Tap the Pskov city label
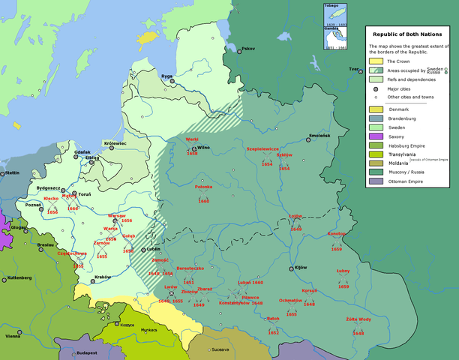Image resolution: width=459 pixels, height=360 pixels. [x=248, y=49]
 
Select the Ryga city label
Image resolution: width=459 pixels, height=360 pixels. [x=167, y=76]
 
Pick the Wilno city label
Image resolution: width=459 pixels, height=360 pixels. [x=203, y=148]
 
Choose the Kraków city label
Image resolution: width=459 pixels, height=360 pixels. [x=103, y=277]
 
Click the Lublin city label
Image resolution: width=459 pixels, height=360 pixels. [x=154, y=248]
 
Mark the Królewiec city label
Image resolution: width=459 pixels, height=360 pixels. [x=115, y=142]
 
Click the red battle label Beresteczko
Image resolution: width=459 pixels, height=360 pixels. [x=190, y=268]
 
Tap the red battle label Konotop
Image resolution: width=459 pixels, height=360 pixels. [x=337, y=233]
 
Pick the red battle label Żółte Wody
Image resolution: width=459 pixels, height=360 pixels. [x=358, y=319]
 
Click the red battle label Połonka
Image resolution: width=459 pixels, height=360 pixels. [x=203, y=187]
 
